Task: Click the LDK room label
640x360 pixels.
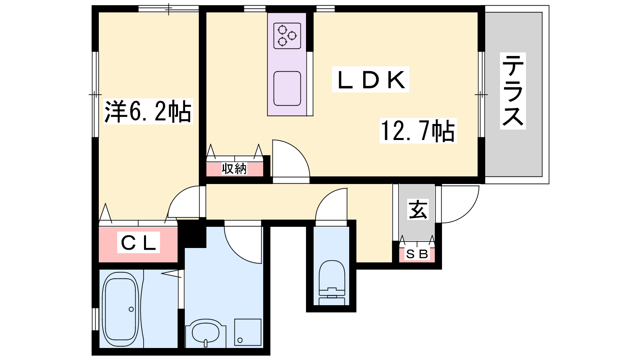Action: point(370,80)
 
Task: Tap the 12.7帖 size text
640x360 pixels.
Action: point(418,131)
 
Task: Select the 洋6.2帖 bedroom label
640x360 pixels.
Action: point(148,111)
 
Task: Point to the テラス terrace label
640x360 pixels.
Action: point(513,91)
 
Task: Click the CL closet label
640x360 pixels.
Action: point(138,243)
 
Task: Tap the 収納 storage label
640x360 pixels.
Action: point(234,169)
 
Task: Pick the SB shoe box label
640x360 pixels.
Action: point(417,254)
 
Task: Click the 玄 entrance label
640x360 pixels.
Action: point(418,210)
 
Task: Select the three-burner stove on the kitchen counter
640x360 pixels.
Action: point(287,36)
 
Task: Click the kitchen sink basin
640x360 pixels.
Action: point(287,88)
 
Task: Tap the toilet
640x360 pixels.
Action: point(332,283)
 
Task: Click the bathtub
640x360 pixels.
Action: point(120,310)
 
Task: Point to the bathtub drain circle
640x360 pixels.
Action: point(131,309)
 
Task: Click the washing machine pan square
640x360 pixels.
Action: point(248,332)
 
